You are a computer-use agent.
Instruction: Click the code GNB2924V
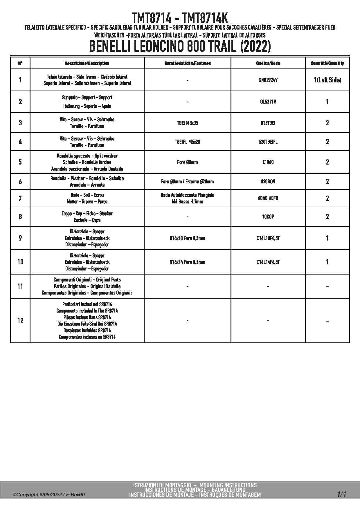click(268, 80)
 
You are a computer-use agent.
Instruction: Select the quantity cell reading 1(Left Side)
click(327, 80)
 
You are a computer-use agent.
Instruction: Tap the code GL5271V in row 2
click(268, 102)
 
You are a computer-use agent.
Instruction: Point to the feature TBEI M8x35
click(187, 123)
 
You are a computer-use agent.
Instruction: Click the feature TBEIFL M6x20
click(187, 142)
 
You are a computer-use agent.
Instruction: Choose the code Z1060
click(268, 162)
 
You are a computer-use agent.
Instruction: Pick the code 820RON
click(268, 182)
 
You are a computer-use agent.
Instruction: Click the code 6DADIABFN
click(268, 198)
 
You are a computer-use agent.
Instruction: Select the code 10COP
click(268, 217)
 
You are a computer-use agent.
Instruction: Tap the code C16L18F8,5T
click(268, 238)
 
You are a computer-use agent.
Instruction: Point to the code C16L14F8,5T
click(268, 262)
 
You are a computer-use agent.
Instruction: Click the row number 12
click(20, 321)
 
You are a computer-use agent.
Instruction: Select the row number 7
click(20, 198)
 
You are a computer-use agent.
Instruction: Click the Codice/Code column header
click(268, 63)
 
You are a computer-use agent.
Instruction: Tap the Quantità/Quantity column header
click(327, 63)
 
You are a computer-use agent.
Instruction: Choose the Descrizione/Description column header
click(87, 63)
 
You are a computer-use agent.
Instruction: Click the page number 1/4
click(341, 494)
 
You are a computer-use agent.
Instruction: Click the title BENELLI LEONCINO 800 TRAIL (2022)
click(180, 47)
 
